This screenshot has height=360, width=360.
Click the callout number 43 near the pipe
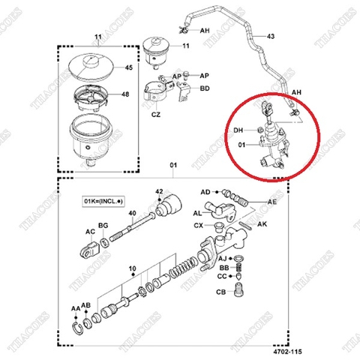(271, 36)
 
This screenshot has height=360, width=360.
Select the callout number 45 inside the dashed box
(129, 68)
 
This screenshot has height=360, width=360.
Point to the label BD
(205, 89)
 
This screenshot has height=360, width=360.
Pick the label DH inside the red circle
(239, 130)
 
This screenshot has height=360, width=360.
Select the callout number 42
(158, 192)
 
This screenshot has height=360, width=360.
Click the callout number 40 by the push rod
(131, 214)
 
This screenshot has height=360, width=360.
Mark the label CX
(198, 224)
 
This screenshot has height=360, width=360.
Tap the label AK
(263, 224)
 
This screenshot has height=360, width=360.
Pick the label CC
(222, 277)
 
